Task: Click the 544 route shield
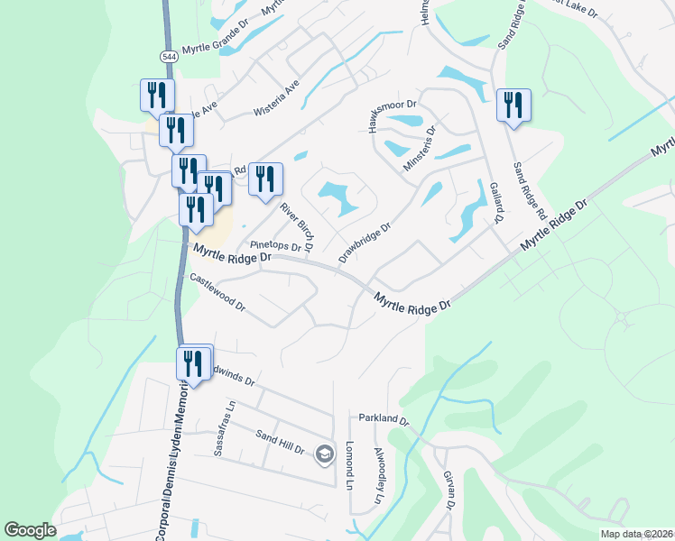point(168,56)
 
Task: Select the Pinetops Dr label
point(274,245)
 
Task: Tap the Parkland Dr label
point(384,419)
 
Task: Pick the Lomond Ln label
point(350,459)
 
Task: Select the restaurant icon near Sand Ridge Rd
point(513,105)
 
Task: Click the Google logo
point(30,530)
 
